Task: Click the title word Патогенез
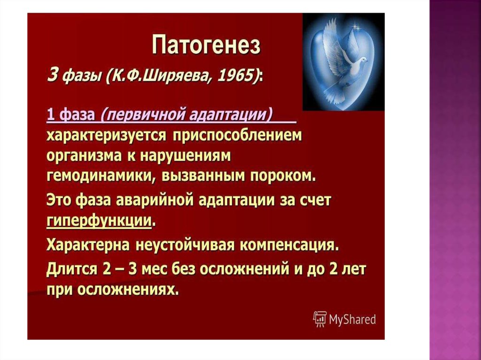206,45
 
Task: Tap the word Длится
71,269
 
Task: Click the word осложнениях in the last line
127,290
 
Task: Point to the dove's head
363,60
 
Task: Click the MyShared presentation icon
320,319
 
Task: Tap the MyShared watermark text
352,320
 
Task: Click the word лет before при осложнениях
353,269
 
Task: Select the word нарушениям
185,156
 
